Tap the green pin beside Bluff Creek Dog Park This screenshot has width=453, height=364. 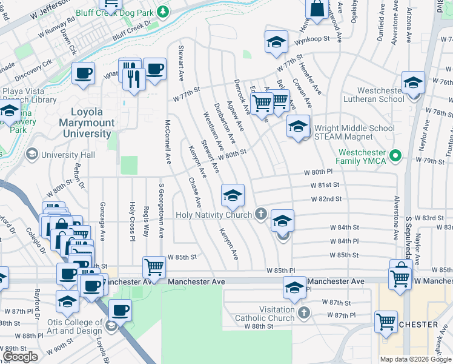[x=162, y=12]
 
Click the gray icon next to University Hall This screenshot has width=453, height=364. [x=30, y=155]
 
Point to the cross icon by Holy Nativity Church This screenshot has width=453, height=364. [x=261, y=214]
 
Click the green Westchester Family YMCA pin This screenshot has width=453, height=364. [x=397, y=156]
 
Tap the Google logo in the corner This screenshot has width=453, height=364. [x=20, y=357]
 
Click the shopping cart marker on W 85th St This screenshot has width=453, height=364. [x=154, y=267]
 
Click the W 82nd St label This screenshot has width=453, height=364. [x=327, y=199]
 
